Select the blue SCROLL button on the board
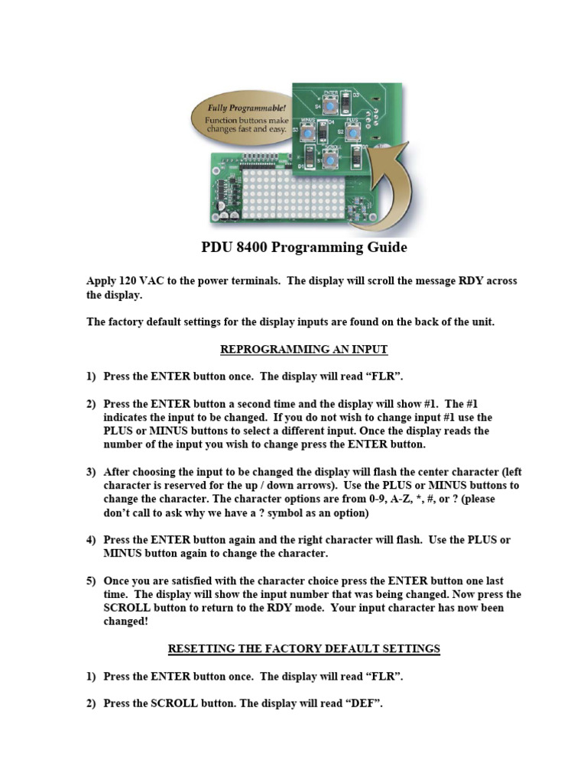click(330, 158)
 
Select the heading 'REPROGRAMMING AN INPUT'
click(303, 349)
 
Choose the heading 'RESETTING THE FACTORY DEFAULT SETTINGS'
click(303, 648)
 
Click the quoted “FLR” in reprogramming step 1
click(385, 376)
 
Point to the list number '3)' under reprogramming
click(92, 472)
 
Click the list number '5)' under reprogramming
click(92, 580)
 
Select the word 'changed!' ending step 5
click(127, 622)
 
